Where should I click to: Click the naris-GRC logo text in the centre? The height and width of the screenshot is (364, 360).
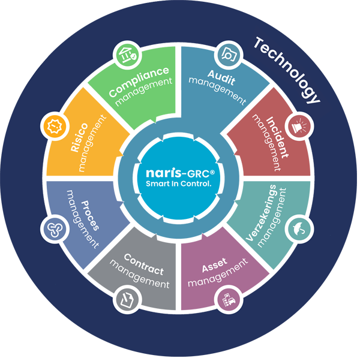click(x=179, y=173)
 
